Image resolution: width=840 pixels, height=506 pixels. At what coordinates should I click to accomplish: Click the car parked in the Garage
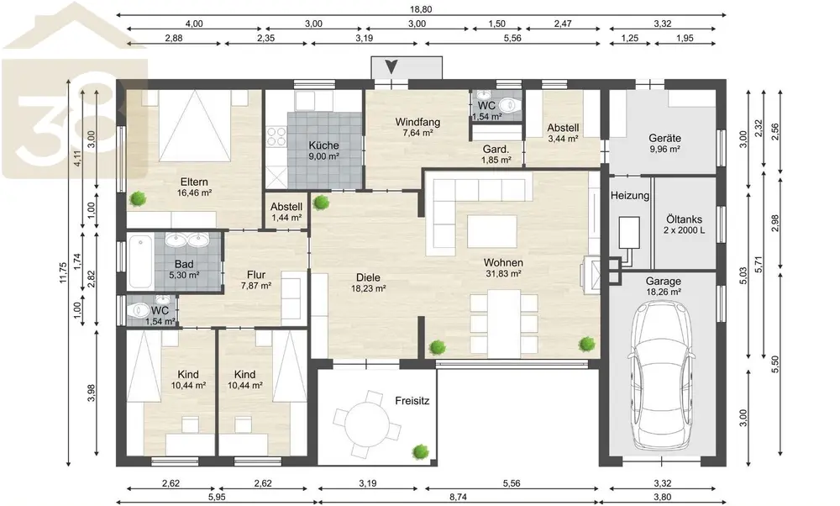pyautogui.click(x=663, y=374)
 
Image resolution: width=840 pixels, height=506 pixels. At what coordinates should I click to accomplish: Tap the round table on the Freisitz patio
pyautogui.click(x=368, y=419)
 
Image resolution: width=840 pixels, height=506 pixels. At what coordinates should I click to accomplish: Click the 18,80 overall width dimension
pyautogui.click(x=421, y=9)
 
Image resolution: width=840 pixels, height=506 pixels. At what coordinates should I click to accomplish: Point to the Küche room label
pyautogui.click(x=323, y=145)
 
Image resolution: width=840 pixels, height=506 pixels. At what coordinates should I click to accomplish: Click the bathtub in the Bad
pyautogui.click(x=141, y=263)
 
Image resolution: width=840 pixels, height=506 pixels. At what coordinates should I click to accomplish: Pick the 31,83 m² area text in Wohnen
pyautogui.click(x=503, y=273)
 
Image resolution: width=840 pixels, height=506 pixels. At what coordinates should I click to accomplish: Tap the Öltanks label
pyautogui.click(x=684, y=219)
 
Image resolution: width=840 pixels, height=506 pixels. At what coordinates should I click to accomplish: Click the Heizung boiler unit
pyautogui.click(x=629, y=232)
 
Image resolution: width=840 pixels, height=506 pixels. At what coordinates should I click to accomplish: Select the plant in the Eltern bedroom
pyautogui.click(x=138, y=199)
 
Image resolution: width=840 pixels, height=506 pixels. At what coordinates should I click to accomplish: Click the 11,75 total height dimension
pyautogui.click(x=63, y=272)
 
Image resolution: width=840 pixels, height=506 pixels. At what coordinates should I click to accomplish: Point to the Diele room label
pyautogui.click(x=368, y=277)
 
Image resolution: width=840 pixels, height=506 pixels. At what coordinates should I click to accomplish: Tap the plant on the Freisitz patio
pyautogui.click(x=421, y=451)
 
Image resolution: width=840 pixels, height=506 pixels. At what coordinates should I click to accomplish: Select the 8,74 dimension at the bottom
pyautogui.click(x=458, y=497)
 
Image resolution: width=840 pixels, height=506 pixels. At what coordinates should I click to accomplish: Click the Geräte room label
pyautogui.click(x=664, y=138)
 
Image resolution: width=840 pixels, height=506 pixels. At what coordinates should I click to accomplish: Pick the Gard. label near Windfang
pyautogui.click(x=496, y=149)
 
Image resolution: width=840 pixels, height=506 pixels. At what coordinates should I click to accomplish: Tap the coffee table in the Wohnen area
pyautogui.click(x=492, y=231)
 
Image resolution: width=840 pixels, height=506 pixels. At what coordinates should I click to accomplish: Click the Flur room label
pyautogui.click(x=256, y=275)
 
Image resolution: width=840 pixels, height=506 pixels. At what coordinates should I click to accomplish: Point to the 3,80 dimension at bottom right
pyautogui.click(x=663, y=497)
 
